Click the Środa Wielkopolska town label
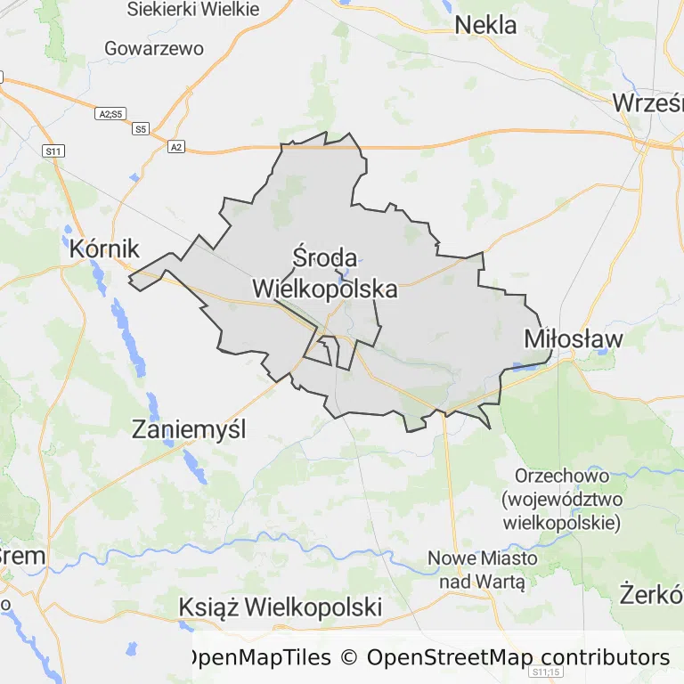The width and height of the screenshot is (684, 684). click(x=324, y=273)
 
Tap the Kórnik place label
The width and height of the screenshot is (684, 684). click(x=105, y=248)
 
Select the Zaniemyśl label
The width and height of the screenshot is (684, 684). click(x=188, y=429)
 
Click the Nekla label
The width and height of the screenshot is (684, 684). click(x=485, y=25)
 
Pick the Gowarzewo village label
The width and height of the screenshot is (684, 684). click(x=153, y=48)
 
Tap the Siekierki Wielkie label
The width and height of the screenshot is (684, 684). click(x=192, y=10)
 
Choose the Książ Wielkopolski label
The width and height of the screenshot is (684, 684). click(x=281, y=607)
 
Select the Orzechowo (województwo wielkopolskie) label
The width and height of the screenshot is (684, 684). click(x=561, y=499)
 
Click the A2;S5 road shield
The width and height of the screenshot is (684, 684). click(x=111, y=113)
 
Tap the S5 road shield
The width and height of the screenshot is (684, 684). click(x=141, y=129)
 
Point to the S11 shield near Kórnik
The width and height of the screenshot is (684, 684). click(x=53, y=151)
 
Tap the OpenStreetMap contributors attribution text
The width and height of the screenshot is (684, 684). click(x=517, y=658)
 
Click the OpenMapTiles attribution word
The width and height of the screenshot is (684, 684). click(x=257, y=658)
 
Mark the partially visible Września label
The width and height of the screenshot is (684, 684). click(x=647, y=103)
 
